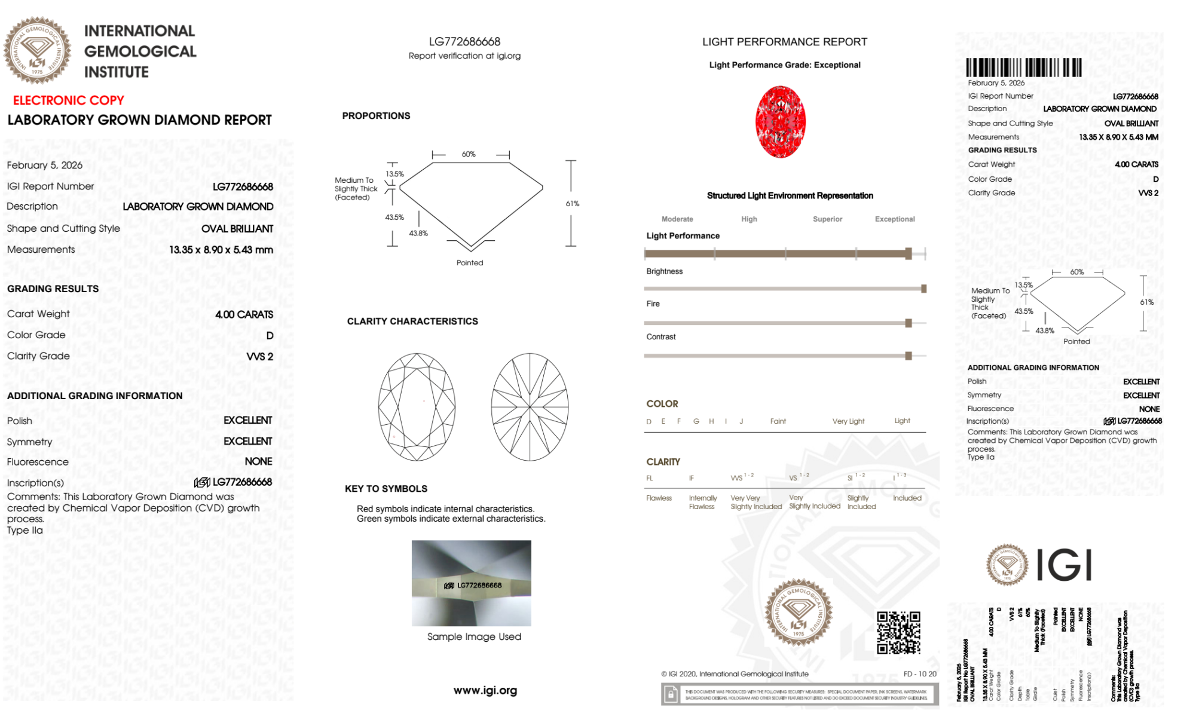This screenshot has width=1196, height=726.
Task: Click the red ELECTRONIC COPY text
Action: coord(69,100)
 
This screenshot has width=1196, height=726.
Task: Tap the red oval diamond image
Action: coord(780,122)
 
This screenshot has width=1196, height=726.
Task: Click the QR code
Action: coord(898,632)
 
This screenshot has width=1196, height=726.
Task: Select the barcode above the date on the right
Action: coord(1023,67)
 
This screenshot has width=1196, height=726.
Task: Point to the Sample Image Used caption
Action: coord(474,637)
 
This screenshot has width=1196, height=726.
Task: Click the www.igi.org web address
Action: coord(485,691)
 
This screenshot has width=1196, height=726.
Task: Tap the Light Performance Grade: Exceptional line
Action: coord(784,65)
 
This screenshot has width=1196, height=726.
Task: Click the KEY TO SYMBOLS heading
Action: coord(386,489)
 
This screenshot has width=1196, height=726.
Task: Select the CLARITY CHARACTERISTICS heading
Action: coord(412,321)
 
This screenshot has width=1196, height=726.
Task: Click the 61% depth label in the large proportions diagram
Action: coord(572,204)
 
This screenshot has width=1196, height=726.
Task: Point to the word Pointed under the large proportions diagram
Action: coord(470,263)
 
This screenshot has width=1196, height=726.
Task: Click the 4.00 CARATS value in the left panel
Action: coord(244,314)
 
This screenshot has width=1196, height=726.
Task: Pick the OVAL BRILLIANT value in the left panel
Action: coord(237,229)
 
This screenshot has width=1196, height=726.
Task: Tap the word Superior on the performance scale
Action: coord(827,219)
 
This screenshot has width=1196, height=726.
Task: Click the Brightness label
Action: coord(664,271)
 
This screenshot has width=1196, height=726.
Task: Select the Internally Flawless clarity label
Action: coord(702,503)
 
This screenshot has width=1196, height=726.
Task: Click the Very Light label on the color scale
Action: coord(848,421)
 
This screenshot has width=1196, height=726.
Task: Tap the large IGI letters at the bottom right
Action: coord(1064,565)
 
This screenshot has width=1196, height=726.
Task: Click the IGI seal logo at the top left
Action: coord(37,50)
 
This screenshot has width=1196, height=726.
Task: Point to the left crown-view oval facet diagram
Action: coord(417,407)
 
